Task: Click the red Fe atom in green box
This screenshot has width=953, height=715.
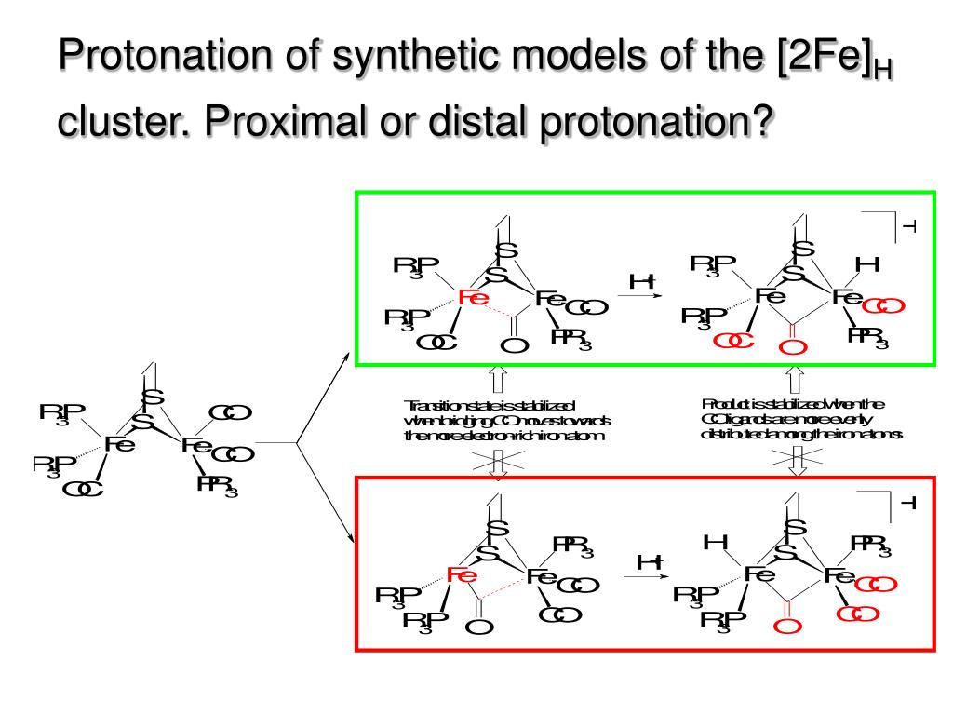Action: point(474,298)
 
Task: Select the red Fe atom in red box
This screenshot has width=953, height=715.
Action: point(463,575)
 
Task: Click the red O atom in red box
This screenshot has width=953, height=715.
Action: point(787,627)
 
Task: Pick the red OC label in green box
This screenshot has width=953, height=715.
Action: point(734,342)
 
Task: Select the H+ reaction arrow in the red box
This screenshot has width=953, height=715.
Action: point(648,573)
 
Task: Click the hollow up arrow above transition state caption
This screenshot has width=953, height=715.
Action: point(497,378)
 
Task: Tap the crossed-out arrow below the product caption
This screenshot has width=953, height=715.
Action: point(798,458)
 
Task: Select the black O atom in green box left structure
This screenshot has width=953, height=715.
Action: point(514,346)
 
